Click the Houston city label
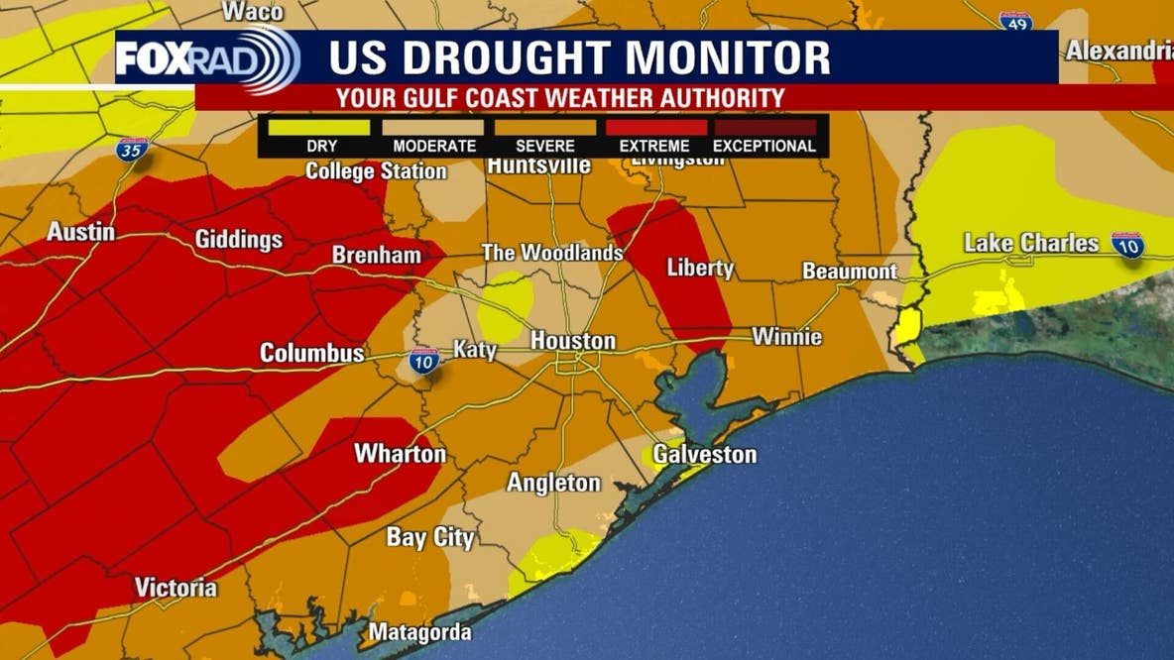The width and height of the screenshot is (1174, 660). click(x=573, y=341)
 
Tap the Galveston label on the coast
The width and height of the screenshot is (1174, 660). click(x=704, y=455)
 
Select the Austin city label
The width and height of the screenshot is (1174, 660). click(x=80, y=233)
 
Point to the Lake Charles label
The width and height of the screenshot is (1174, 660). click(x=1031, y=243)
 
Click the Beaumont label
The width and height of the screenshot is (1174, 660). click(x=850, y=271)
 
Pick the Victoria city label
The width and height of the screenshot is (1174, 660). click(x=176, y=588)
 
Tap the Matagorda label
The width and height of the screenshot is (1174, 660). click(x=420, y=632)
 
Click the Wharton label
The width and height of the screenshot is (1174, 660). click(x=401, y=454)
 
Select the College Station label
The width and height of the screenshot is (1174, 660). click(x=376, y=171)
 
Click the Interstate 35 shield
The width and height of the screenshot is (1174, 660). click(x=132, y=149)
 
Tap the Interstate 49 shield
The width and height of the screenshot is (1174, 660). click(x=1015, y=21)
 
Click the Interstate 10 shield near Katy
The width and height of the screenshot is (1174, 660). click(x=424, y=361)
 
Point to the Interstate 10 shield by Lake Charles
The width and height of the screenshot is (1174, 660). click(x=1127, y=245)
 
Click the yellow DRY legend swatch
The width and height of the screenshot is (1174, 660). click(x=321, y=127)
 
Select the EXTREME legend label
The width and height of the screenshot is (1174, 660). click(x=654, y=147)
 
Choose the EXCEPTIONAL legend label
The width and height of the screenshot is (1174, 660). click(x=764, y=147)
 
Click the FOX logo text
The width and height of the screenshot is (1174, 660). click(x=150, y=58)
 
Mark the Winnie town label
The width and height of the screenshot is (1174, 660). click(x=786, y=337)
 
